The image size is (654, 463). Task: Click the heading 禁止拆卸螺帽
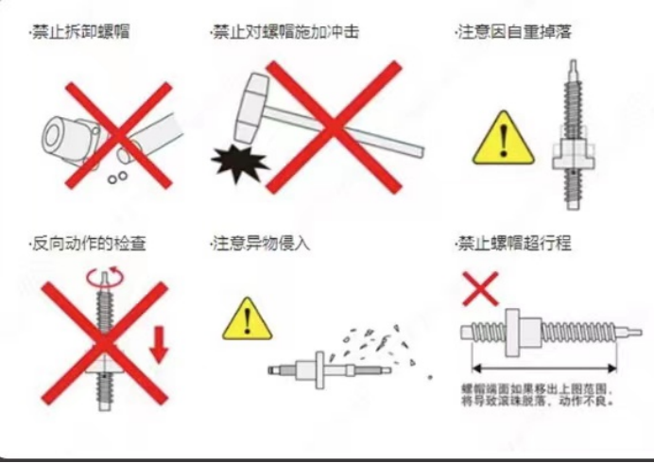81,32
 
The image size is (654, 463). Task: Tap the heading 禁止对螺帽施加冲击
285,32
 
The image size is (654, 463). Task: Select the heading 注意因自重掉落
514,32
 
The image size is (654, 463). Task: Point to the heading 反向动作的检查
89,244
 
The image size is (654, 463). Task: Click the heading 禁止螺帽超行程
514,244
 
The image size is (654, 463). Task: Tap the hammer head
251,108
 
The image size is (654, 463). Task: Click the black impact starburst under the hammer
239,163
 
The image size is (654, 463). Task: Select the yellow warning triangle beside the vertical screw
504,138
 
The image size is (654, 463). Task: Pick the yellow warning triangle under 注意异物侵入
248,319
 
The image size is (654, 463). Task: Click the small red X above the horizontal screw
480,288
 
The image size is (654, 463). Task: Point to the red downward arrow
159,345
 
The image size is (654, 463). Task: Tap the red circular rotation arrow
105,277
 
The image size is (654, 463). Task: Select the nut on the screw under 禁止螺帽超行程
524,333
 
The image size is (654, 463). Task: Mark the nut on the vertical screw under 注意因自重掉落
573,154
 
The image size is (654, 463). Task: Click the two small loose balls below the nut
117,178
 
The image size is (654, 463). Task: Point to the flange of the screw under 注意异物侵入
319,370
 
